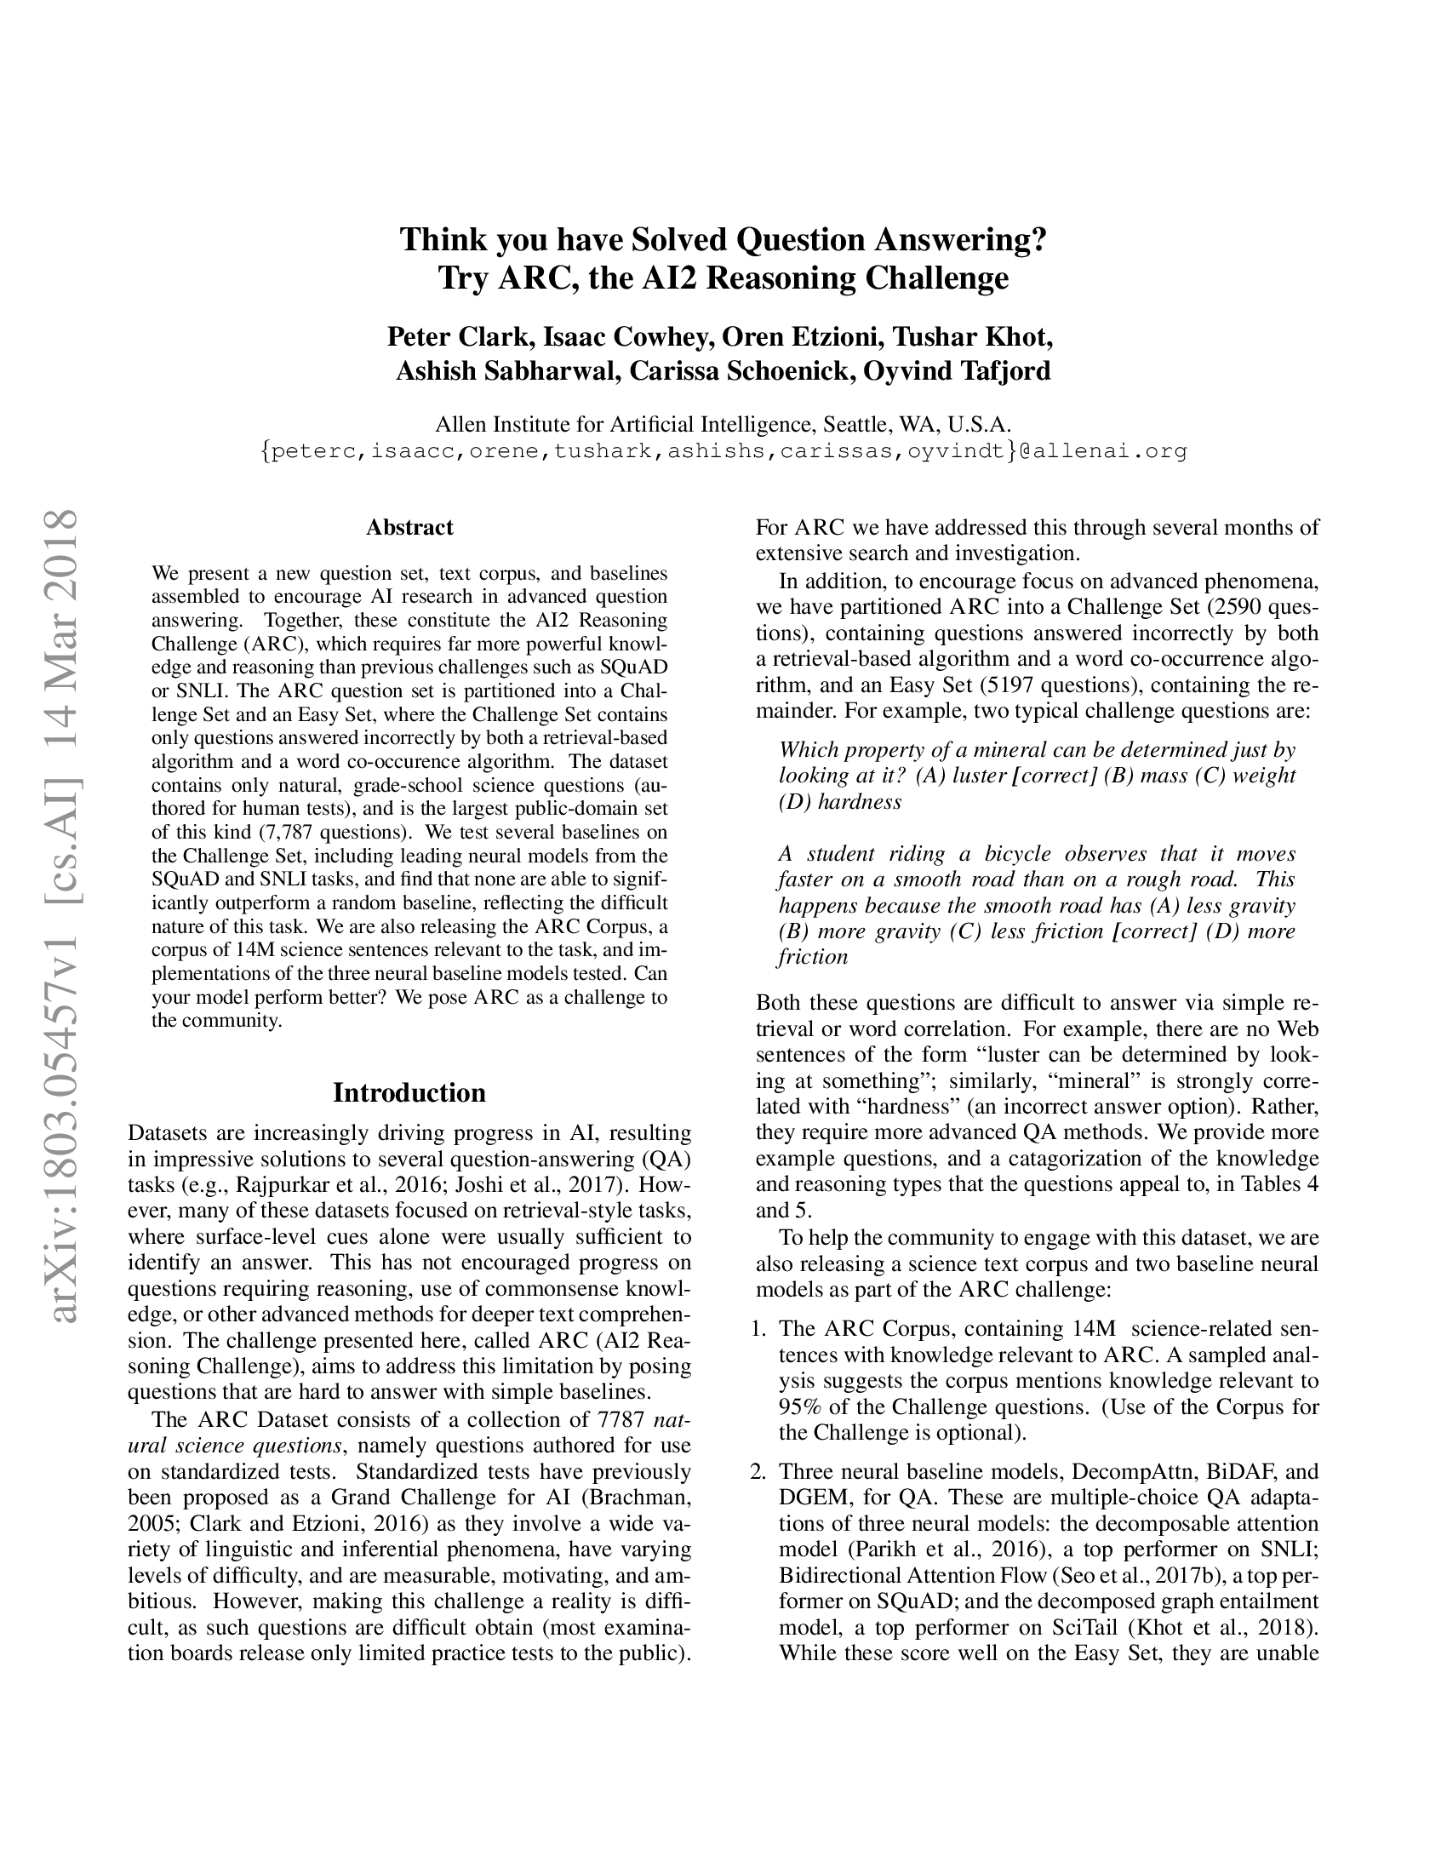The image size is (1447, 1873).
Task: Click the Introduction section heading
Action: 409,1092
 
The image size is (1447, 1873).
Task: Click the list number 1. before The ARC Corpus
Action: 758,1328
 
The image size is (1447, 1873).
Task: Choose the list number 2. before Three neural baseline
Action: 758,1472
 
